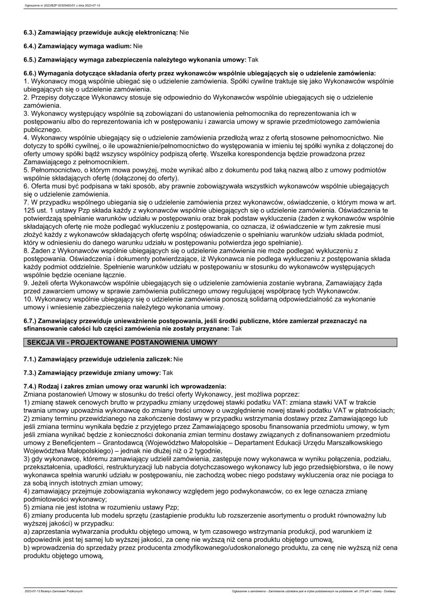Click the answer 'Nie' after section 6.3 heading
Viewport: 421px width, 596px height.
[184, 32]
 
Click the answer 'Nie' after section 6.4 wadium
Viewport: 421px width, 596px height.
[138, 46]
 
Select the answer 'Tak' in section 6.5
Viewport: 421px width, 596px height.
[253, 60]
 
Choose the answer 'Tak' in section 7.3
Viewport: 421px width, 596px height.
[167, 373]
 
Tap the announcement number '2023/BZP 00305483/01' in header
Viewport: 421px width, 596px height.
[58, 6]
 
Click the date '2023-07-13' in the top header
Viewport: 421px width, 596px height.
[96, 6]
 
